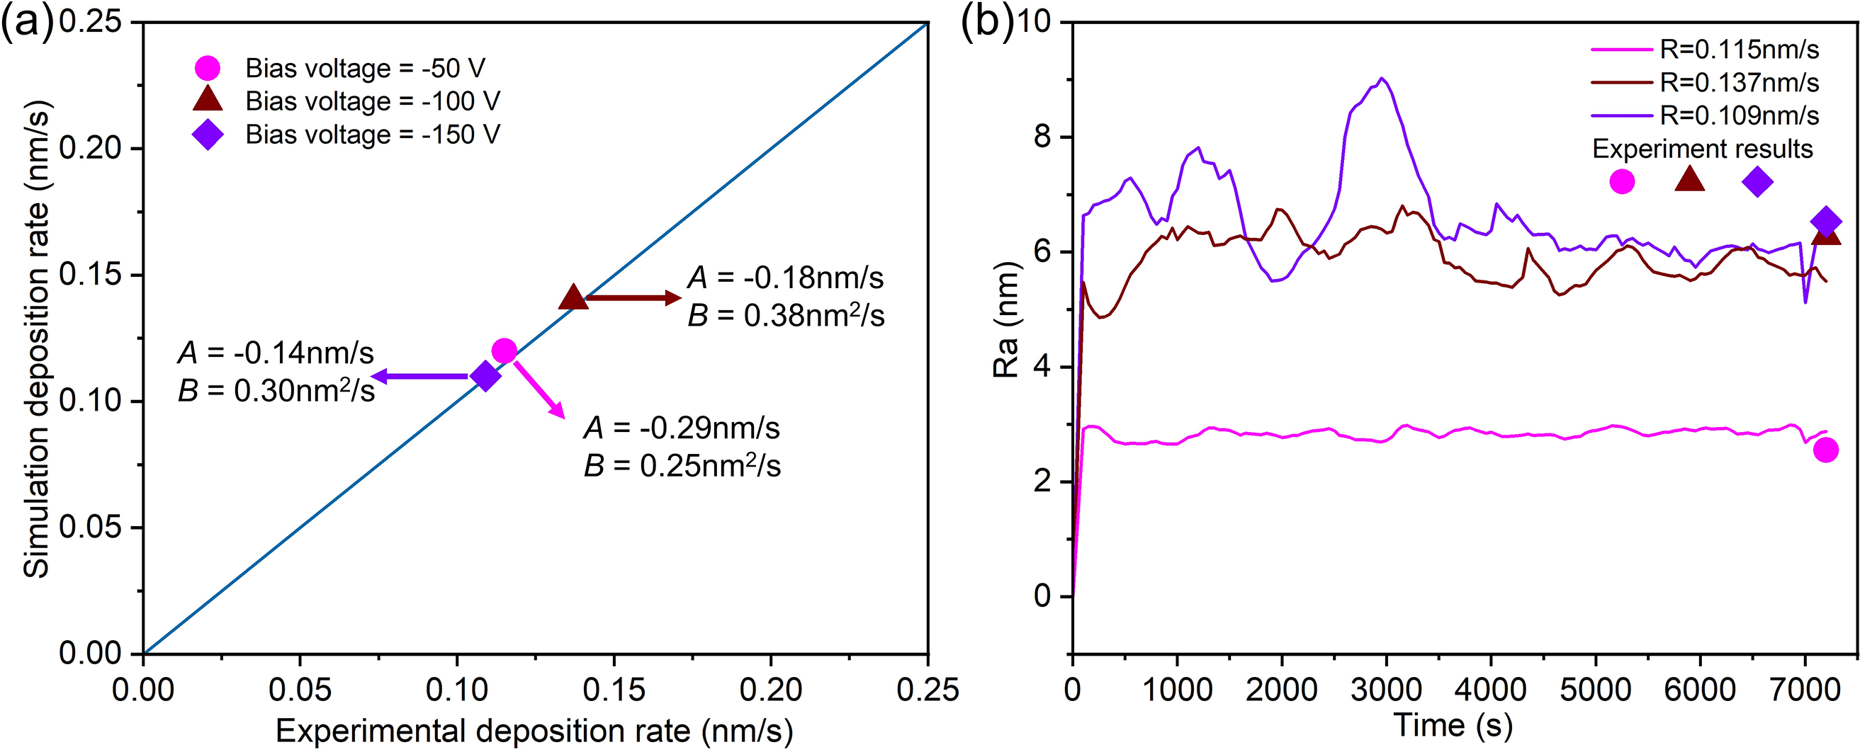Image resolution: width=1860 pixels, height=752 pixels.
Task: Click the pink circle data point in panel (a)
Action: tap(504, 351)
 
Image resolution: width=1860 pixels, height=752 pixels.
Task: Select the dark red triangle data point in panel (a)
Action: tap(573, 297)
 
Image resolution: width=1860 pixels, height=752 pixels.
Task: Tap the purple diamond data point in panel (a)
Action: tap(485, 376)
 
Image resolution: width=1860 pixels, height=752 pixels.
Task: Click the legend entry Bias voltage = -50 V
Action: tap(365, 69)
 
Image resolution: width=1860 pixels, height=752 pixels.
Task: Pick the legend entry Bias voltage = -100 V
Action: tap(372, 101)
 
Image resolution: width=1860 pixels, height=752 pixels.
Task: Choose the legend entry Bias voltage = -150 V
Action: tap(372, 135)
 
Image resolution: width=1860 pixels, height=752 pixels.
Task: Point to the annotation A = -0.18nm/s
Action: tap(785, 278)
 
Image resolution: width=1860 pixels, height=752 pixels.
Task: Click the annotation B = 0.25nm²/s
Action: tap(682, 466)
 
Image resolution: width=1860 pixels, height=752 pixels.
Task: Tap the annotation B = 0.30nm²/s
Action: tap(276, 391)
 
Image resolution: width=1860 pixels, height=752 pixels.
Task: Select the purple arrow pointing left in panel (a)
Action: tap(420, 376)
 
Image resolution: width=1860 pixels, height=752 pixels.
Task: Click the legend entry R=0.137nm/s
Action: tap(1739, 83)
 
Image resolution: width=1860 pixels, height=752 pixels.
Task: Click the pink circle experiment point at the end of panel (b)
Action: tap(1825, 450)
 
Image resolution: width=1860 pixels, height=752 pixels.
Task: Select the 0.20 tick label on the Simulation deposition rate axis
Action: tap(89, 149)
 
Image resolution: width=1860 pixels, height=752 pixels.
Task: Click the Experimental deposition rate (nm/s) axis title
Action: tap(534, 731)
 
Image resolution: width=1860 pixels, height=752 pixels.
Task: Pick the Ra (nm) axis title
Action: tap(1005, 320)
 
